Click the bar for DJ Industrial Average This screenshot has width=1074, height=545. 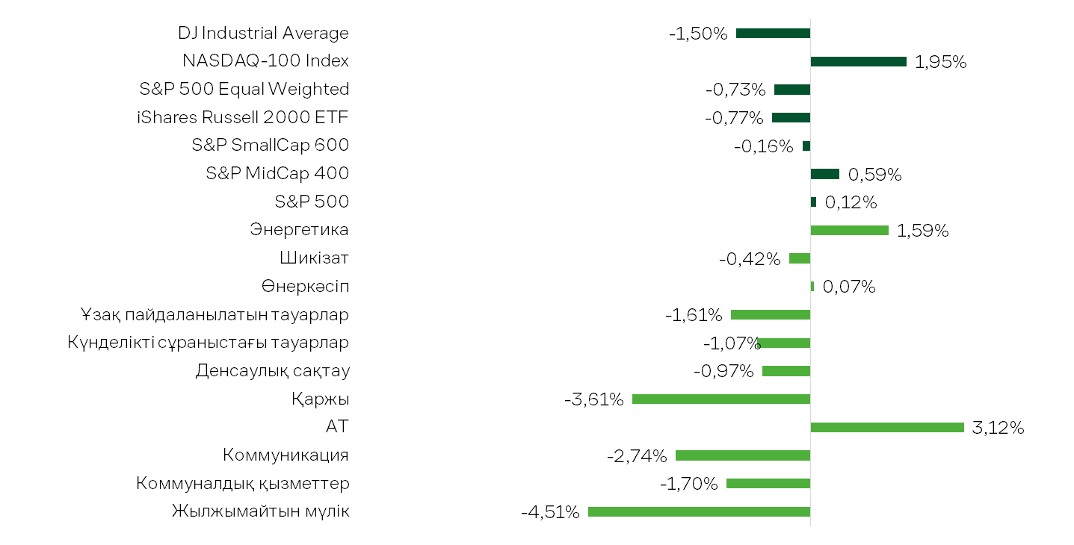[773, 33]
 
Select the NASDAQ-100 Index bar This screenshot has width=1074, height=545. [858, 61]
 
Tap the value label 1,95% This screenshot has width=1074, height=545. [941, 62]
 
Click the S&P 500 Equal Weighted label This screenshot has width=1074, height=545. [244, 89]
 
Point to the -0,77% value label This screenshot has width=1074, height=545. [734, 118]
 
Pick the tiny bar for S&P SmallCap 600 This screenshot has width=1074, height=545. [806, 146]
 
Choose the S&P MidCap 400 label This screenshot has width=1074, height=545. [277, 173]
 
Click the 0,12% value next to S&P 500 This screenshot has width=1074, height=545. [851, 202]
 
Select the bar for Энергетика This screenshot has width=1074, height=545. [849, 231]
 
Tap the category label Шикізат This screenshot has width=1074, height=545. [314, 258]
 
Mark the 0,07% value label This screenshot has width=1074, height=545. [849, 287]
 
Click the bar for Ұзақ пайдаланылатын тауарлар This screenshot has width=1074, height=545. [771, 314]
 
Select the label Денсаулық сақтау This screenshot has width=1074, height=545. [272, 371]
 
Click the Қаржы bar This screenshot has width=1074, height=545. [721, 399]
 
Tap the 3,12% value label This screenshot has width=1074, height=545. [998, 428]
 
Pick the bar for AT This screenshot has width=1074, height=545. [887, 427]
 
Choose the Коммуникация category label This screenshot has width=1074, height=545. [286, 455]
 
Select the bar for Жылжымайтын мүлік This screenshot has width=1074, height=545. [699, 512]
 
